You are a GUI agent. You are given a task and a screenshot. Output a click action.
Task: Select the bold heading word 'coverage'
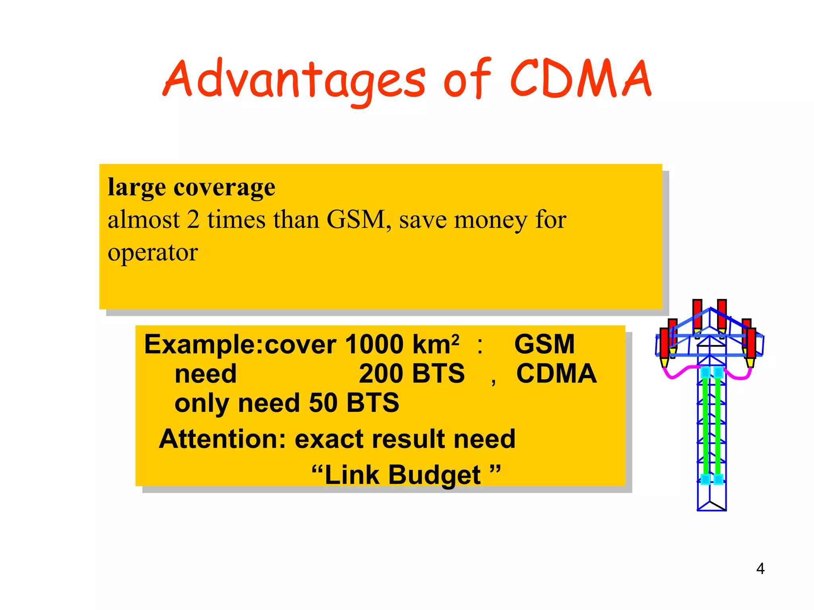224,187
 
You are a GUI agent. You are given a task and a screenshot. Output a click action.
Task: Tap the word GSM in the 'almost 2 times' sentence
356,219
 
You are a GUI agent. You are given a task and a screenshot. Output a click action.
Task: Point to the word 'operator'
153,253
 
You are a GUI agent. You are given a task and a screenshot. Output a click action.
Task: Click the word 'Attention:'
223,439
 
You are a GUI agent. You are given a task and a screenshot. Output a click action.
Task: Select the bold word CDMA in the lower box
556,374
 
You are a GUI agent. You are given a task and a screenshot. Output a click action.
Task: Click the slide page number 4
760,569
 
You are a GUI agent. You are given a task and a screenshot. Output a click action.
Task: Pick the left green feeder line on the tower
705,425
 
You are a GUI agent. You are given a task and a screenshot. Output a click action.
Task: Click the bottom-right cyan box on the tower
718,479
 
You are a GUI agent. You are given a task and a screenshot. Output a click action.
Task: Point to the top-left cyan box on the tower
705,373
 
